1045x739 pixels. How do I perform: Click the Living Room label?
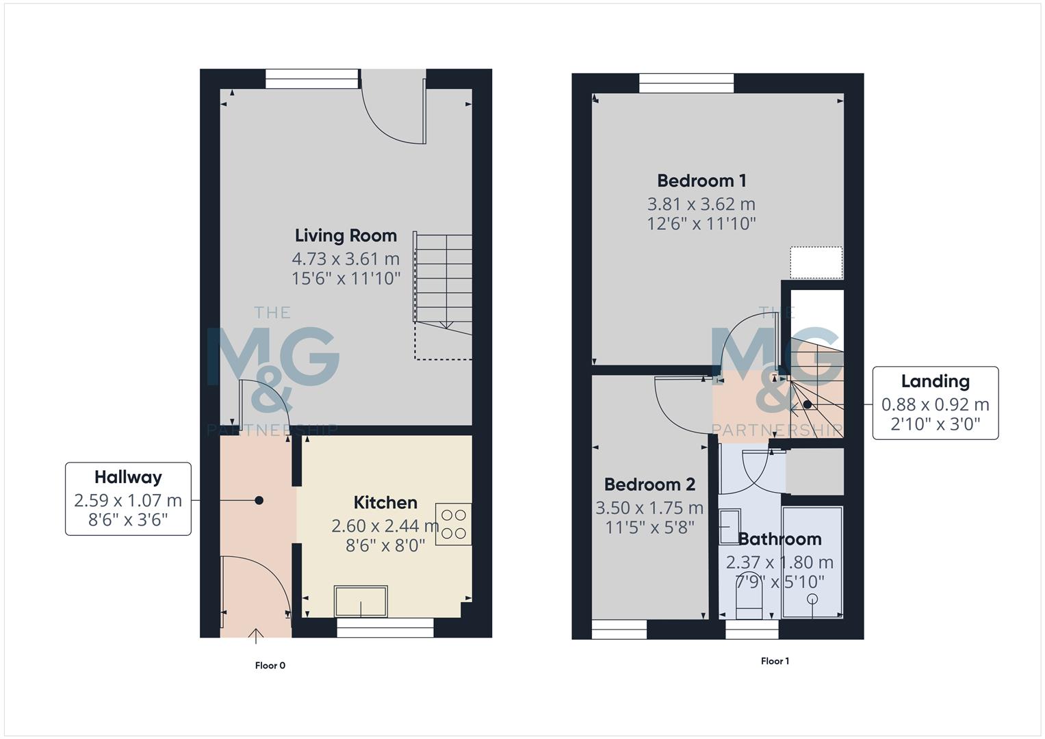pyautogui.click(x=346, y=235)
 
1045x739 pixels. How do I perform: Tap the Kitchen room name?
pyautogui.click(x=385, y=502)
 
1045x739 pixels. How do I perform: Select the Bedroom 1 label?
pyautogui.click(x=701, y=181)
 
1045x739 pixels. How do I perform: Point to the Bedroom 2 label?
pyautogui.click(x=649, y=484)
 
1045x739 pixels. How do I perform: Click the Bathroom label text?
pyautogui.click(x=779, y=539)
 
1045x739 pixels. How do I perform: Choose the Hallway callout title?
pyautogui.click(x=128, y=477)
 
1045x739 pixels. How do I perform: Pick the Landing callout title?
pyautogui.click(x=935, y=381)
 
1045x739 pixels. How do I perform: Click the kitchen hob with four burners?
pyautogui.click(x=452, y=524)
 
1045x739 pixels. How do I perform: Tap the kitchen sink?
pyautogui.click(x=361, y=601)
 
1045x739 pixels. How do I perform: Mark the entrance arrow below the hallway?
pyautogui.click(x=256, y=636)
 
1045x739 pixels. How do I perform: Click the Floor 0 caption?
pyautogui.click(x=270, y=665)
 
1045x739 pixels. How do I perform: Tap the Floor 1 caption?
pyautogui.click(x=775, y=661)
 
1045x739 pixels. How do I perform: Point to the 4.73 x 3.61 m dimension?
pyautogui.click(x=346, y=259)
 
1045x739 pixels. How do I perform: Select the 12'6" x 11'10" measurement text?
pyautogui.click(x=701, y=223)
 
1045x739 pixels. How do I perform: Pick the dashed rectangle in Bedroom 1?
pyautogui.click(x=816, y=263)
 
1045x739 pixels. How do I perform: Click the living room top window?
pyautogui.click(x=311, y=79)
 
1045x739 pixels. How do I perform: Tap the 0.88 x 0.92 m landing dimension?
pyautogui.click(x=935, y=404)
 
